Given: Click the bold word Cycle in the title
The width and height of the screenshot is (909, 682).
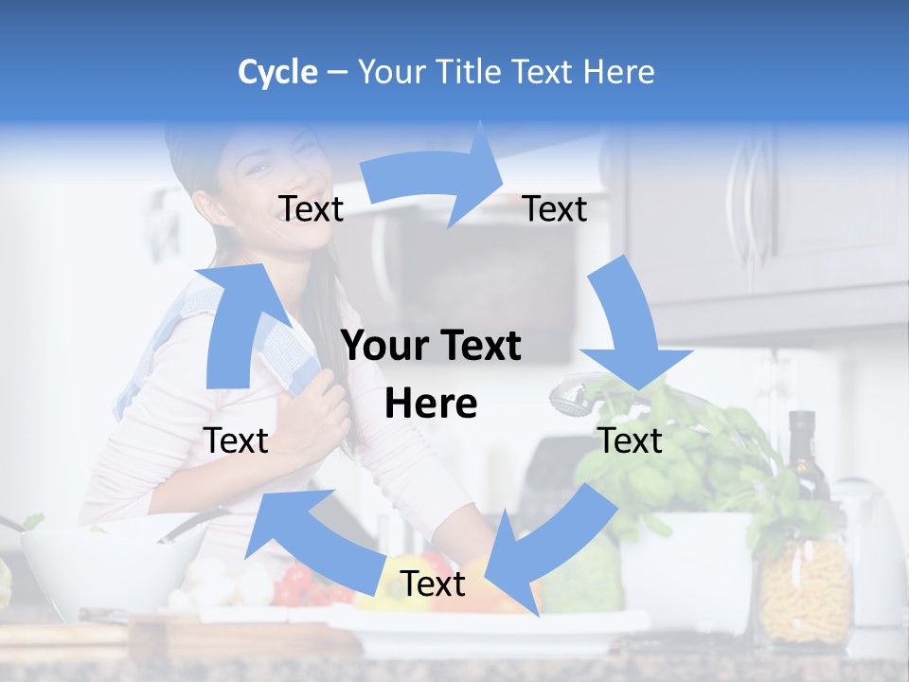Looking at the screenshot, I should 277,72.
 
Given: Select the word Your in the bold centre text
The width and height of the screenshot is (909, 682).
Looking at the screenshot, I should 378,347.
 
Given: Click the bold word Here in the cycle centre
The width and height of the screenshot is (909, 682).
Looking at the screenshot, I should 431,404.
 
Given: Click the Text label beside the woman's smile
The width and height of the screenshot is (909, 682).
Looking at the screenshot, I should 312,208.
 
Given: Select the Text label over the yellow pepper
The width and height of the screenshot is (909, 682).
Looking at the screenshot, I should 433,584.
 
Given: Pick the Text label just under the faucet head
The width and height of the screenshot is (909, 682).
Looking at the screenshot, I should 631,440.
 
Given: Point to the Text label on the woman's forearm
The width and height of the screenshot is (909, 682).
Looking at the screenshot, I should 237,440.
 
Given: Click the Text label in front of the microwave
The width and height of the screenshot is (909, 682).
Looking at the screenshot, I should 555,208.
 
